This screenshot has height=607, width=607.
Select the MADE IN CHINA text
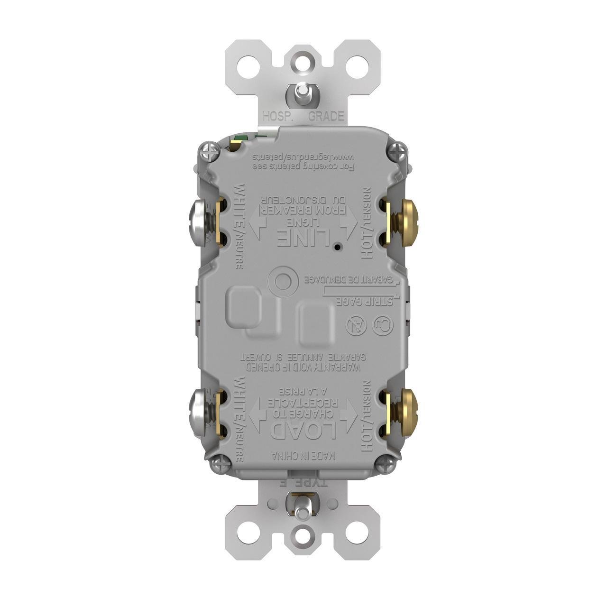[304, 456]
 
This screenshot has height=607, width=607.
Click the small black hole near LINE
[336, 247]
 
